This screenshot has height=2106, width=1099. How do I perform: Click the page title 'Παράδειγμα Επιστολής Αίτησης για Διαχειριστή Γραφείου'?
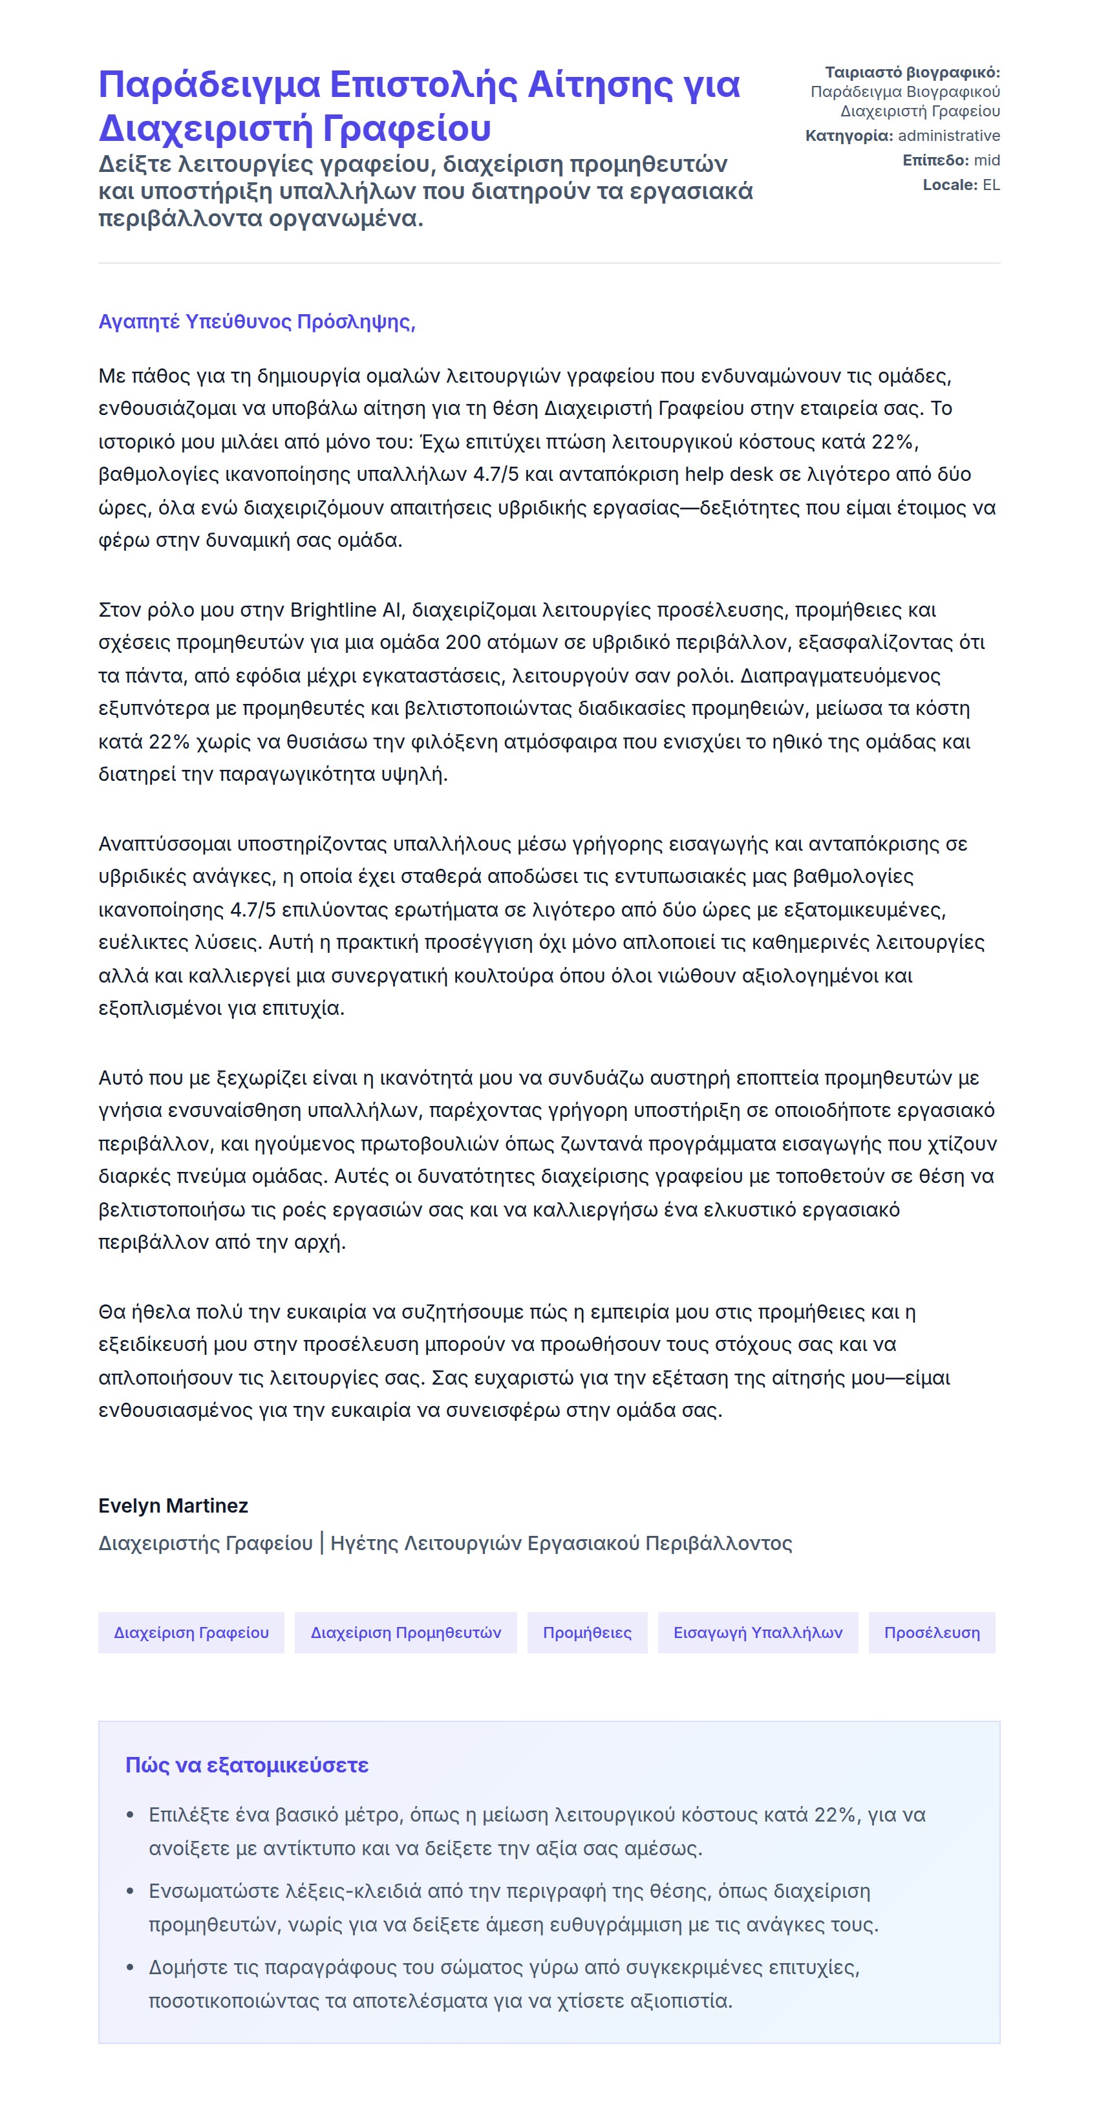coord(419,106)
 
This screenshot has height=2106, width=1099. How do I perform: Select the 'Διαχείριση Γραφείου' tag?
coord(191,1633)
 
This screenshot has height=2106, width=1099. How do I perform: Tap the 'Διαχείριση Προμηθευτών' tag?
coord(405,1633)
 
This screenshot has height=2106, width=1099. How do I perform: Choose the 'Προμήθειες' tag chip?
coord(587,1633)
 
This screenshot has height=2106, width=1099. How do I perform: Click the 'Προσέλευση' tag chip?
coord(932,1633)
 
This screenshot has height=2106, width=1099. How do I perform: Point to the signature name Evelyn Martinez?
coord(173,1505)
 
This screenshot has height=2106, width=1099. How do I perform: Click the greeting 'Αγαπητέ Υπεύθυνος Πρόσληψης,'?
coord(257,321)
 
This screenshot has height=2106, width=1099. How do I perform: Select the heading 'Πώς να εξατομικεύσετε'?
coord(247,1765)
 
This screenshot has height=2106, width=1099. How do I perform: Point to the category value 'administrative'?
coord(948,136)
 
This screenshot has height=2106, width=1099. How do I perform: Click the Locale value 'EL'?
coord(991,185)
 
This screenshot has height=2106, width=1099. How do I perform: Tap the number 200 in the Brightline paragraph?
coord(463,643)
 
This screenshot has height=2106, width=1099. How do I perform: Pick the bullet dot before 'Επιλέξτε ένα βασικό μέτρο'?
coord(130,1816)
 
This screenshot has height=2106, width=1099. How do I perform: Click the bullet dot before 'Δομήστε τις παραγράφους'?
coord(130,1968)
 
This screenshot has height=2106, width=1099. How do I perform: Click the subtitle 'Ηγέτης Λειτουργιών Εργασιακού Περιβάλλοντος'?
coord(561,1543)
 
